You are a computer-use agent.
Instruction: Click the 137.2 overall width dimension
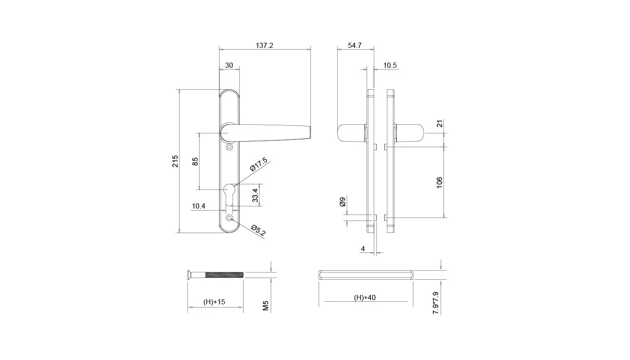click(x=264, y=45)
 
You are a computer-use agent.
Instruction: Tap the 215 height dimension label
click(x=175, y=161)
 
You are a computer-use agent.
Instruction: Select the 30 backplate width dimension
click(x=229, y=65)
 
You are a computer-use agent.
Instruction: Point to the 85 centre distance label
click(x=195, y=161)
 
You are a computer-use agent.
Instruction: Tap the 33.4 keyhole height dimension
click(x=255, y=195)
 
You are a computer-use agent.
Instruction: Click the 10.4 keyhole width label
click(x=199, y=206)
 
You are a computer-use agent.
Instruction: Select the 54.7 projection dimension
click(x=355, y=45)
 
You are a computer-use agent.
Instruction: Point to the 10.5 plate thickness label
click(x=390, y=65)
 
